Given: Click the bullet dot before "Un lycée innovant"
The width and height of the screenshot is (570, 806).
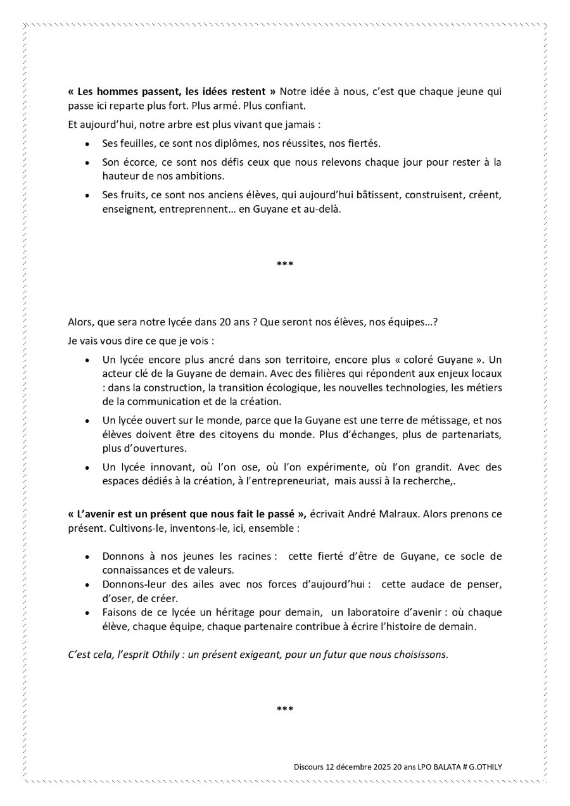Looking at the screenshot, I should point(87,469).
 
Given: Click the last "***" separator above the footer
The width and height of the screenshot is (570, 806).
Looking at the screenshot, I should point(285,709).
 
